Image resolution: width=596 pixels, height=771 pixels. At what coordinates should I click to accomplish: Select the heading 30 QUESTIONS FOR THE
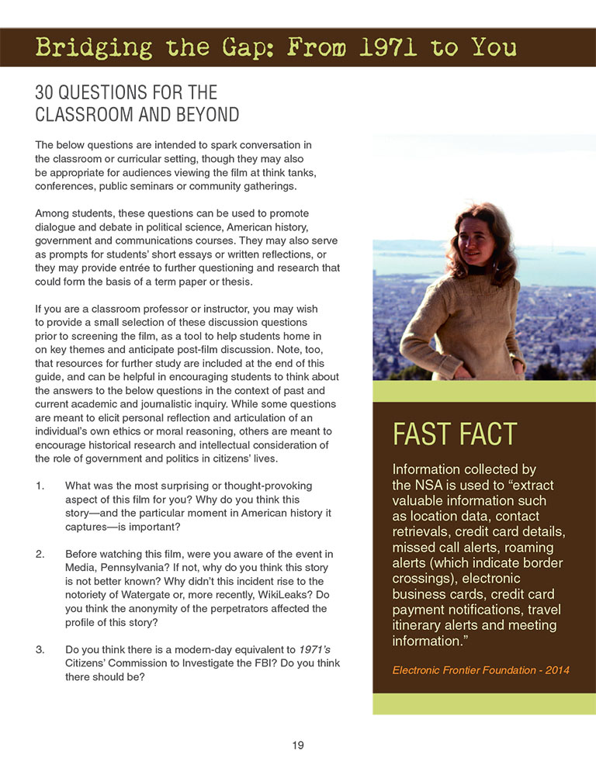pos(126,93)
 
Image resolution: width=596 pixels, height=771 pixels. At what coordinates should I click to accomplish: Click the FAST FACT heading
pos(454,434)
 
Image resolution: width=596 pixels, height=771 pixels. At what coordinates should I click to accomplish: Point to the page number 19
pos(298,745)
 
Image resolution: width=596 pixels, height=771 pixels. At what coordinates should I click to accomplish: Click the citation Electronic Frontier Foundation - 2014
pos(481,669)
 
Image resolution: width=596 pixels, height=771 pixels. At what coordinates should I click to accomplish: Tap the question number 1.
pos(40,486)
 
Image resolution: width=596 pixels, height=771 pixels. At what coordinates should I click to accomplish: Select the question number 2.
pos(40,554)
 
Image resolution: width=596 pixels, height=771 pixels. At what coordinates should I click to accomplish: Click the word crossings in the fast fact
pos(427,579)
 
